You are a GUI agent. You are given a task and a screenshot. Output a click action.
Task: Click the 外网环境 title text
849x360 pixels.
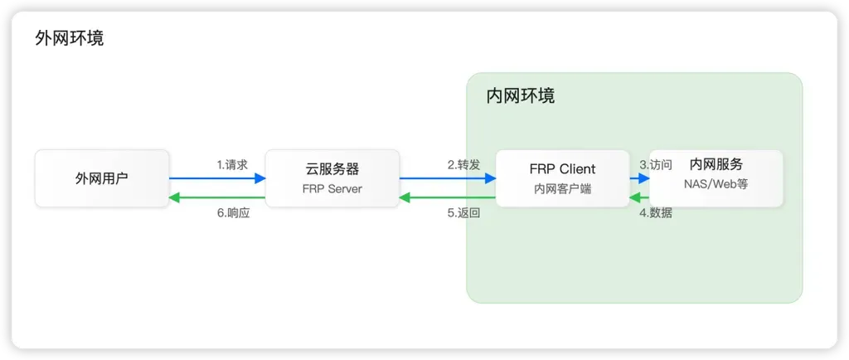(x=70, y=38)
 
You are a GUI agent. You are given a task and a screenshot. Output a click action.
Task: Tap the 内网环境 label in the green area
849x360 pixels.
(x=520, y=96)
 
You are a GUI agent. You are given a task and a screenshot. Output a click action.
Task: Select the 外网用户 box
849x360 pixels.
(x=102, y=178)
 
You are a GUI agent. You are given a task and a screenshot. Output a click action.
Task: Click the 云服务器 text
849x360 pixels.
(x=332, y=169)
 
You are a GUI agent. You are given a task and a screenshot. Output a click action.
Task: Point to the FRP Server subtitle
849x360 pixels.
(x=332, y=189)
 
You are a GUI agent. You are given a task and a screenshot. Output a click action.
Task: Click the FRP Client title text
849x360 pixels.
(x=562, y=169)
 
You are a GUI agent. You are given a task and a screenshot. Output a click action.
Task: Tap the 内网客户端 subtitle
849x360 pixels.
(x=562, y=189)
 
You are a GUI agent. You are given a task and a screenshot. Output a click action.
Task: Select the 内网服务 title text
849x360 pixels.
(x=716, y=165)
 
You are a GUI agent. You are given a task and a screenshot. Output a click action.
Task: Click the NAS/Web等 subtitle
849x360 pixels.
(x=716, y=184)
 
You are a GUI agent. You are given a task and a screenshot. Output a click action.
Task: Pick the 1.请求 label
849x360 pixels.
(x=232, y=164)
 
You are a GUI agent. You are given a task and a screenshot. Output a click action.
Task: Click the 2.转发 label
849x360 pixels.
(x=463, y=164)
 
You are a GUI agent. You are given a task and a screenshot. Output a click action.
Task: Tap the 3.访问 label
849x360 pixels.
(x=655, y=164)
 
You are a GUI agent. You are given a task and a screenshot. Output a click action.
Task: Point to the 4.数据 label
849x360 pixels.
(x=655, y=213)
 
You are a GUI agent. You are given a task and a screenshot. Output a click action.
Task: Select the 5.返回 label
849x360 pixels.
(x=463, y=213)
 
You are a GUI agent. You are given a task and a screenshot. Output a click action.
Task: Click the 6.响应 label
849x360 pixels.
(x=233, y=213)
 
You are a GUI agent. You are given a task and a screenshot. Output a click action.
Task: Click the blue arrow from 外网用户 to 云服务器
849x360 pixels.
(x=217, y=178)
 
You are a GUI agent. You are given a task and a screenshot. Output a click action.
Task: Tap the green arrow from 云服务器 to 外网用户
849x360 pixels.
(x=217, y=197)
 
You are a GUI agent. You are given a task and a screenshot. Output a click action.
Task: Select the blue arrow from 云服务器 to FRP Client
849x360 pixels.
(x=448, y=178)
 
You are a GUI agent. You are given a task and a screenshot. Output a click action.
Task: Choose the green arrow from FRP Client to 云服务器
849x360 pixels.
(x=448, y=197)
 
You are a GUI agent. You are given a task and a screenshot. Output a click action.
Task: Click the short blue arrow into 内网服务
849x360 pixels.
(x=639, y=178)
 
